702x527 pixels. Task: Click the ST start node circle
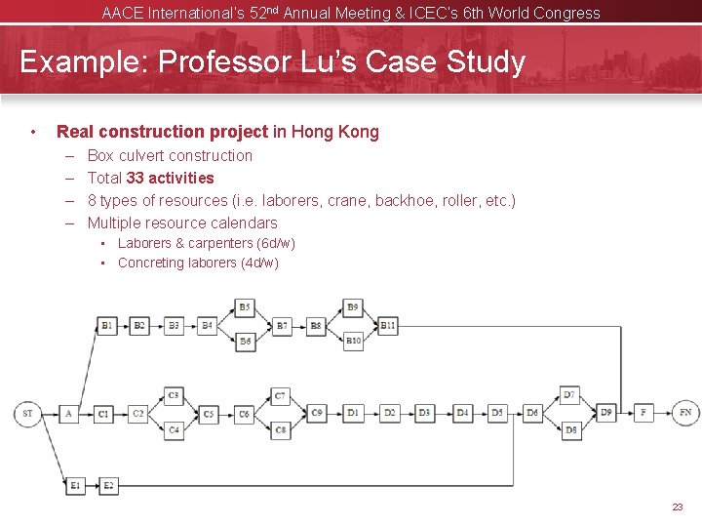27,413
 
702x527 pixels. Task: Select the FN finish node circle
685,413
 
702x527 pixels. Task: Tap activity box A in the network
68,413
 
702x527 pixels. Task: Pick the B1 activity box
107,325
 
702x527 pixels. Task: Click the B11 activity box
387,325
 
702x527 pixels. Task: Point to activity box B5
245,307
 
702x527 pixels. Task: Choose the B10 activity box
353,342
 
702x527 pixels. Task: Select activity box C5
209,414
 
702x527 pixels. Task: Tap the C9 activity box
317,413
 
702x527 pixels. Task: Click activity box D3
425,413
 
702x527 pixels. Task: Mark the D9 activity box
606,413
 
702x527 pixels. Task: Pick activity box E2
107,485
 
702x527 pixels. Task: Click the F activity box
643,413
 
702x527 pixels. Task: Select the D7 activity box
570,395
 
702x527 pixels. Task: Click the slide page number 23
678,507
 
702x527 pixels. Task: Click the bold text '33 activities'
171,178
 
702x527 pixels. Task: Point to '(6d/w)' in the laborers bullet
276,243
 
